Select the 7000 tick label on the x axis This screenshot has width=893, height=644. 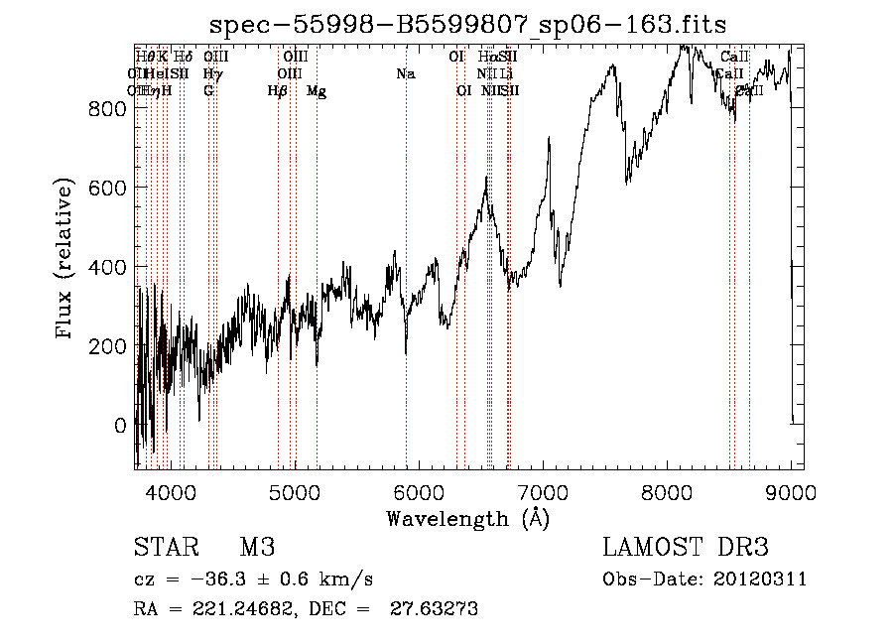[544, 490]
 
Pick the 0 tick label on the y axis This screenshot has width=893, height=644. [121, 425]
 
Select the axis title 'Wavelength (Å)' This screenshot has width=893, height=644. [467, 518]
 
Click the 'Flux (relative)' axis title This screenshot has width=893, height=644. [66, 260]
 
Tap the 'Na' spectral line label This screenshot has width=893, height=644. [405, 74]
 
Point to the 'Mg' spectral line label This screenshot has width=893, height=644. [317, 91]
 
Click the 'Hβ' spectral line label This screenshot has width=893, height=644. [277, 91]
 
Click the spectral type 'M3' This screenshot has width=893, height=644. [257, 548]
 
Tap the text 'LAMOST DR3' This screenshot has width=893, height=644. [686, 548]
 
